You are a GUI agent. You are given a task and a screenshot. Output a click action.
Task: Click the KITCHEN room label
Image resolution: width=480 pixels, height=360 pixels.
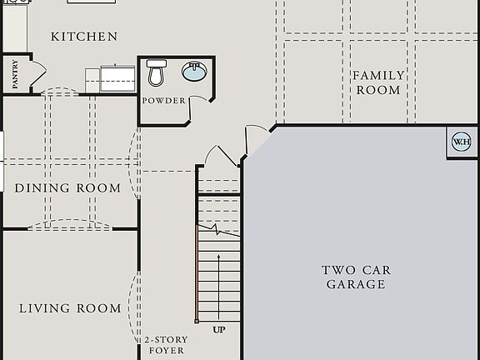tap(84, 37)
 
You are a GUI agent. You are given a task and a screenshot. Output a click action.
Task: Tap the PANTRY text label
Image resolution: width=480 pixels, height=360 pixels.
tap(15, 74)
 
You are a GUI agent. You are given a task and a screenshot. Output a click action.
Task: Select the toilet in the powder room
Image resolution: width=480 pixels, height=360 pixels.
tap(155, 73)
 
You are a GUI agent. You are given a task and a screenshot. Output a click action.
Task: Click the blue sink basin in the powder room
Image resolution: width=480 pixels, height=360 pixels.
tap(194, 73)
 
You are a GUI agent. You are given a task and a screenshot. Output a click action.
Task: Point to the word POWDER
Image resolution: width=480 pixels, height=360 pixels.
tap(163, 101)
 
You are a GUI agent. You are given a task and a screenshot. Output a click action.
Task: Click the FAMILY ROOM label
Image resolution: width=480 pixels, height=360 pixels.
tap(377, 82)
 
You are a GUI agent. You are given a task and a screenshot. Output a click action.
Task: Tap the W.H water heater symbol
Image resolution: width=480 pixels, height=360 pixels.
tap(461, 142)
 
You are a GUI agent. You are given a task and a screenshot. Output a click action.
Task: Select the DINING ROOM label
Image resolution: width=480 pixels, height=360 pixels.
tap(67, 188)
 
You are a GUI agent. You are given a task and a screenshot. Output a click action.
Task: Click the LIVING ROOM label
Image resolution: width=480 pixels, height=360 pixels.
tap(70, 308)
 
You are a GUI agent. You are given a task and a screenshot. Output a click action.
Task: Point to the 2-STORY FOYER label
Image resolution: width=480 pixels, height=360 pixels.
tap(166, 345)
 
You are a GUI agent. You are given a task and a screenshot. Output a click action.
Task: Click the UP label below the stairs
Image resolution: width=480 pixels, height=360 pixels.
tap(219, 330)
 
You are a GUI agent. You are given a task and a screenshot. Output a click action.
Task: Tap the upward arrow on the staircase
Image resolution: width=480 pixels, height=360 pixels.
tap(219, 283)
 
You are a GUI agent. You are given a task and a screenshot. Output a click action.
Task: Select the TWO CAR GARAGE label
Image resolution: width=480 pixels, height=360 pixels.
tap(356, 277)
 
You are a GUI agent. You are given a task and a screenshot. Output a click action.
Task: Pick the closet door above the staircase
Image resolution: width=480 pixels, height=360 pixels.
tap(222, 156)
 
